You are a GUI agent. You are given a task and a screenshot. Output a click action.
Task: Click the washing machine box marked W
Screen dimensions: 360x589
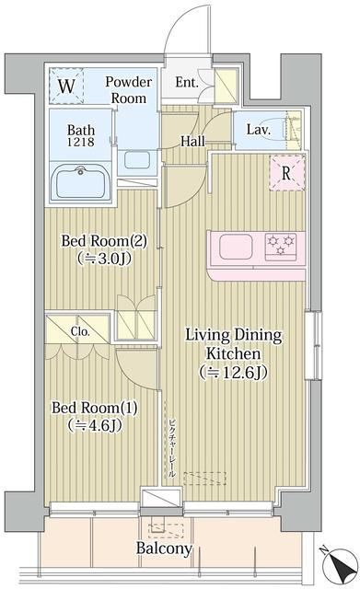[66, 86]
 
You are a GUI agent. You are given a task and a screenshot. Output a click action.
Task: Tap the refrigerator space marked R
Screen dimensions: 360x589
[287, 173]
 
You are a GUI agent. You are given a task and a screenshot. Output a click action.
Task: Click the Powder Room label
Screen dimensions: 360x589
[129, 90]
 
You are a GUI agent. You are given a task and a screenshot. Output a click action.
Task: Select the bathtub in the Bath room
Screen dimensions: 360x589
[81, 182]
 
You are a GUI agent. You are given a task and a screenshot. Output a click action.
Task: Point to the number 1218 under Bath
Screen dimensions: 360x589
[81, 142]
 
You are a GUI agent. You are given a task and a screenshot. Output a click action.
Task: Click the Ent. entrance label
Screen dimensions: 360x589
[187, 82]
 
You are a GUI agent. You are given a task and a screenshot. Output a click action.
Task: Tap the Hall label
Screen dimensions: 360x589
[192, 141]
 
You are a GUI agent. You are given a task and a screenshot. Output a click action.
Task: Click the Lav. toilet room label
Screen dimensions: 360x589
[259, 130]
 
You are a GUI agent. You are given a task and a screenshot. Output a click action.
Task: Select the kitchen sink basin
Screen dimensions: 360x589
[236, 247]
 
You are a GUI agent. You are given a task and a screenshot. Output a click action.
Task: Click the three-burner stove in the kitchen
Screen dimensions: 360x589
[281, 247]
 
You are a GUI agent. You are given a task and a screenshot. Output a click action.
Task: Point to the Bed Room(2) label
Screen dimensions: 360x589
[104, 241]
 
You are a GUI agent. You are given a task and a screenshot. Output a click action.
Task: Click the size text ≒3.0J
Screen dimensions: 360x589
[104, 259]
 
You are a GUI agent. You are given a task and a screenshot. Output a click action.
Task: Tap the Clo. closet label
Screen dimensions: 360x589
[80, 331]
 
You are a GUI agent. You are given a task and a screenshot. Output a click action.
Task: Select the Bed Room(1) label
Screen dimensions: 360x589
[95, 408]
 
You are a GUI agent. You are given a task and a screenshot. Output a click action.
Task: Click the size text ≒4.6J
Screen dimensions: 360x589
[95, 425]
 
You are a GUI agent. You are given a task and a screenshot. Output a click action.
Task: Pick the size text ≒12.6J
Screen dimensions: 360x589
[234, 372]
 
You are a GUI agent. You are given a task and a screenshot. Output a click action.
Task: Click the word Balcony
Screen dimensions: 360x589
[164, 549]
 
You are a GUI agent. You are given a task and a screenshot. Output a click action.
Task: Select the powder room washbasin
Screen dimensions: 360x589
[137, 160]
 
